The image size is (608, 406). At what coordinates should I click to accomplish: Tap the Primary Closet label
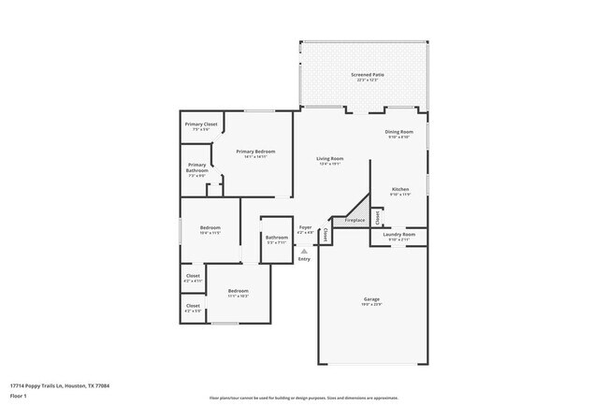coord(201,124)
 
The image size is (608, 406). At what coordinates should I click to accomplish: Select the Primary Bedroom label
coord(255,152)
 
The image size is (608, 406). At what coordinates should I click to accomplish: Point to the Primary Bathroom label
coord(196,167)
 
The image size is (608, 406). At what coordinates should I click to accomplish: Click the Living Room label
coord(329,159)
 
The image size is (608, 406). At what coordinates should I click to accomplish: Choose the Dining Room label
coord(398,132)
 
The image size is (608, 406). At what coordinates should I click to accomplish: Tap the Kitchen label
coord(400,189)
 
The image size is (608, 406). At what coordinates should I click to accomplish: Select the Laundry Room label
coord(398,235)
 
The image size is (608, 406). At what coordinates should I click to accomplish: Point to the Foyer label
coord(305,227)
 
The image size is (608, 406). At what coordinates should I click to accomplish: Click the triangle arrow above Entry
coord(304,251)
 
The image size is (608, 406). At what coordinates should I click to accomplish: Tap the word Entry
coord(304,259)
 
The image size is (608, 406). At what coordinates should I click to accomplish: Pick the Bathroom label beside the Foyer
coord(276,238)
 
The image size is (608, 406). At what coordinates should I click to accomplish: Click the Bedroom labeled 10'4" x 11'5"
coord(210,228)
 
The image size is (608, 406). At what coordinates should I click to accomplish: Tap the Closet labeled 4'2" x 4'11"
coord(193,277)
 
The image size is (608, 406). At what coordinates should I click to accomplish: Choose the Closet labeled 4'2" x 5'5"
coord(193,306)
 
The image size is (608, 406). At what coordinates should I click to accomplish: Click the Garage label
coord(371,300)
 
